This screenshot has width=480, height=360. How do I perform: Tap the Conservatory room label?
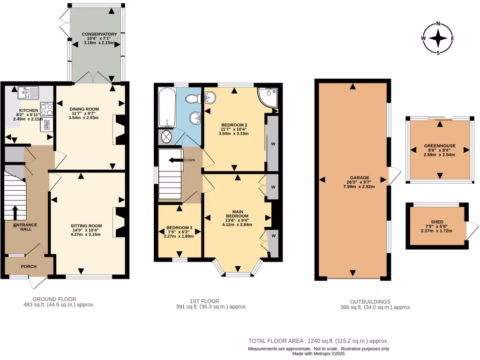[99, 34]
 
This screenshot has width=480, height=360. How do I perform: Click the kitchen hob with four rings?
[47, 110]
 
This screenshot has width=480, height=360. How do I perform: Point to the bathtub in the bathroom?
[167, 108]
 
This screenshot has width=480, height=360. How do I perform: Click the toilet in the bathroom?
[192, 99]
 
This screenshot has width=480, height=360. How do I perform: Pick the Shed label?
[437, 222]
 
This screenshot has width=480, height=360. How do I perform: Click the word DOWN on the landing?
[189, 160]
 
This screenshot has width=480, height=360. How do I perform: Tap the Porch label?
[28, 266]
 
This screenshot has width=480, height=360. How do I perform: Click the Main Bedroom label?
[237, 214]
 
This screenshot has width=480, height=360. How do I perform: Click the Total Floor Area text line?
[318, 341]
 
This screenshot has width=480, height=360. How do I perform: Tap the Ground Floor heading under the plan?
[54, 299]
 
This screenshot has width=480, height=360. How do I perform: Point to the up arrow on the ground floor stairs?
[15, 212]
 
